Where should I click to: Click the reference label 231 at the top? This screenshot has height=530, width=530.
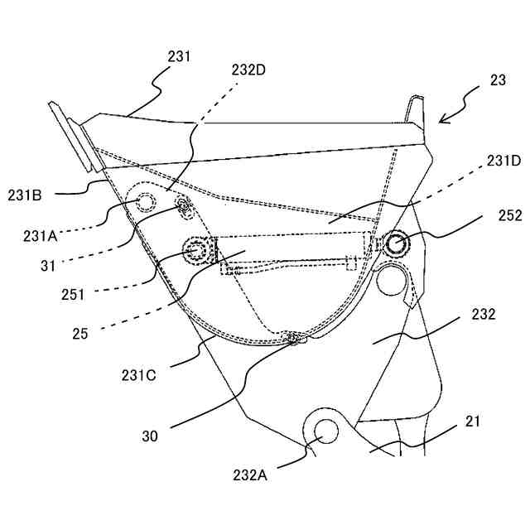coord(178,57)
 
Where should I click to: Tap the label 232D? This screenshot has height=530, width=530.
coord(249,70)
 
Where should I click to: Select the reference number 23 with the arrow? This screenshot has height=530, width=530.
coord(498,80)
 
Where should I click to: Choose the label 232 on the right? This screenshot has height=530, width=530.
coord(484,315)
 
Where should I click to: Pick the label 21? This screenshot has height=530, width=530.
coord(472,422)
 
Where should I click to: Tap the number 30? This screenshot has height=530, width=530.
coord(151,434)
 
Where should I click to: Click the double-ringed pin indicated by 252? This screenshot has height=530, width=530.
coord(395,243)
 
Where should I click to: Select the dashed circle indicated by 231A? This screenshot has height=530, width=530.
coord(146,202)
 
